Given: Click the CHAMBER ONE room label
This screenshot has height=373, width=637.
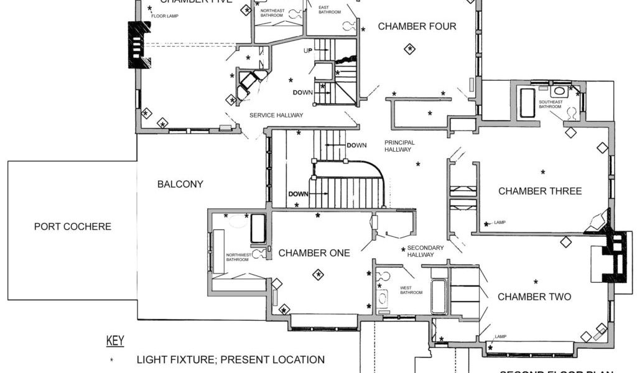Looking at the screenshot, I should pos(314,253).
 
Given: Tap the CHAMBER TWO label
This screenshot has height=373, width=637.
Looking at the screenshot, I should pos(534,297).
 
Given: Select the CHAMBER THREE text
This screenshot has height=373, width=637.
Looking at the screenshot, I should pos(540,191).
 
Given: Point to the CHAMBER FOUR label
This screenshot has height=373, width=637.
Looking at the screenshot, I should pos(417,26).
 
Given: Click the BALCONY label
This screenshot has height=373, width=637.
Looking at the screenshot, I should pos(180,184).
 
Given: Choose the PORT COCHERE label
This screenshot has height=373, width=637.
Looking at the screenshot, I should pos(73,226).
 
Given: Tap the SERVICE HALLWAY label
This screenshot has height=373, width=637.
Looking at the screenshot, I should pos(276,115).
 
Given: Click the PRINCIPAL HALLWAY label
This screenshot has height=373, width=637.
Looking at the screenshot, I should pos(399,146).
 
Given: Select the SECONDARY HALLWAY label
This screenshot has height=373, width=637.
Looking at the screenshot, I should pos(425,251).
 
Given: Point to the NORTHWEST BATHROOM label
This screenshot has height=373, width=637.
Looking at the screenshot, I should pos(238,257).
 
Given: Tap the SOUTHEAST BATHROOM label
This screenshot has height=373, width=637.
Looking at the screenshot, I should pos(551,104).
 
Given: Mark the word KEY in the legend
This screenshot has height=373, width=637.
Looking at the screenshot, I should pos(115,341).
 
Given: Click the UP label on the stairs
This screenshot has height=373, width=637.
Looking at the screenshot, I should pos(307,50).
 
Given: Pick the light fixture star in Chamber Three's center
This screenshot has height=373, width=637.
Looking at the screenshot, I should pos(543,172).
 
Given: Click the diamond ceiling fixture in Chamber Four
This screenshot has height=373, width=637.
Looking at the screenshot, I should pos(409,48).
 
